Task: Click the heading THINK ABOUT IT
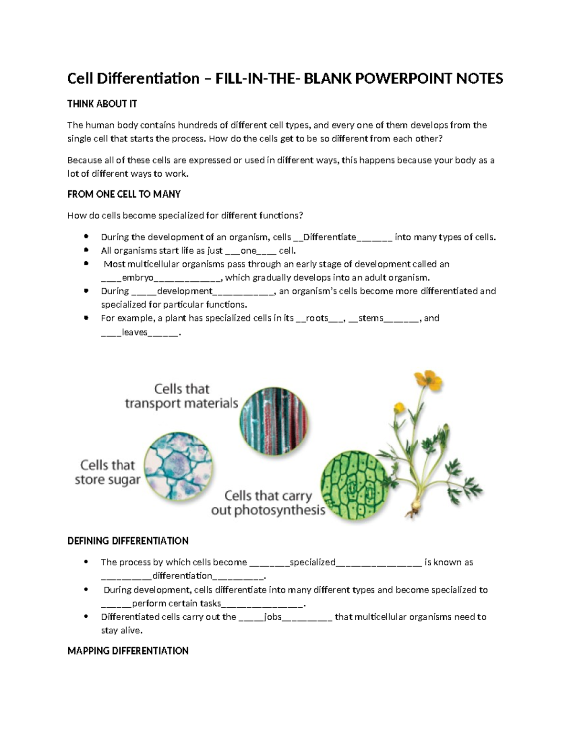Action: (x=102, y=104)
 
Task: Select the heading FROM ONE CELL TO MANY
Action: (x=124, y=194)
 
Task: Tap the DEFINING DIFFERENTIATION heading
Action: (x=128, y=541)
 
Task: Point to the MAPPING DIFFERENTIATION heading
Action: (x=128, y=651)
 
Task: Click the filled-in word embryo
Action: (x=138, y=278)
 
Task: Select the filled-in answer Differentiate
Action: (x=329, y=237)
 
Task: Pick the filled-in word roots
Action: (x=317, y=318)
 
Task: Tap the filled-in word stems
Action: (x=371, y=318)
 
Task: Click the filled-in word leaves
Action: (x=135, y=332)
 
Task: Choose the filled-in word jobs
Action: (x=273, y=617)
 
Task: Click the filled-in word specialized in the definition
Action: (x=312, y=562)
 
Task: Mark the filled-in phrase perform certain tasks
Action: (x=176, y=603)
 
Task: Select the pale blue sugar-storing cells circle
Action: (x=178, y=467)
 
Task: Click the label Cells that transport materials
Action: (x=181, y=396)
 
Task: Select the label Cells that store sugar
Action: (x=107, y=472)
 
